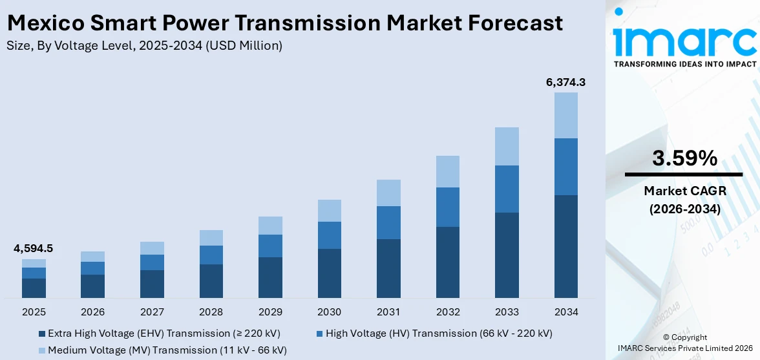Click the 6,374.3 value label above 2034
[565, 82]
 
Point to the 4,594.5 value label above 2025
[34, 248]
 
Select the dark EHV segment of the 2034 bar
[565, 246]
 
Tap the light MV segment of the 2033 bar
[507, 146]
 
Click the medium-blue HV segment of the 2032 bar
[447, 207]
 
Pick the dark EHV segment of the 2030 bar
[329, 273]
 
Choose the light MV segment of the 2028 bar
[211, 238]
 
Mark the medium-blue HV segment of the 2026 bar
[92, 268]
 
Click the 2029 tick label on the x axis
[270, 312]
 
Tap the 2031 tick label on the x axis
[388, 312]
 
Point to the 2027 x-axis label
[152, 312]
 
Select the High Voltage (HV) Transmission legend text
[439, 334]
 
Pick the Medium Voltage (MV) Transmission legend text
[167, 350]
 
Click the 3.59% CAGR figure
[684, 158]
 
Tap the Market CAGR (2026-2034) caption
[684, 200]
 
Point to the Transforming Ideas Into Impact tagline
[684, 64]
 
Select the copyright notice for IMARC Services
[684, 343]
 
